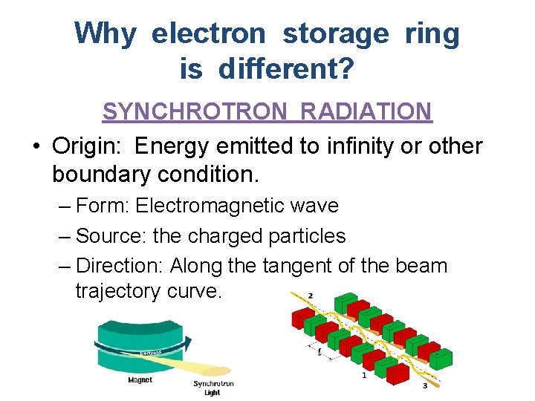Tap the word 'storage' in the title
click(x=335, y=33)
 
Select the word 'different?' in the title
click(x=285, y=70)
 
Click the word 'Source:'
click(x=111, y=236)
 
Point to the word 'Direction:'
click(x=120, y=266)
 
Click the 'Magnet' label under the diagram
click(x=140, y=379)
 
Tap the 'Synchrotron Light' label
click(x=213, y=388)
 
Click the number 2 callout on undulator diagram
click(x=310, y=296)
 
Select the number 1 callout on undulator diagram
click(x=363, y=376)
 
